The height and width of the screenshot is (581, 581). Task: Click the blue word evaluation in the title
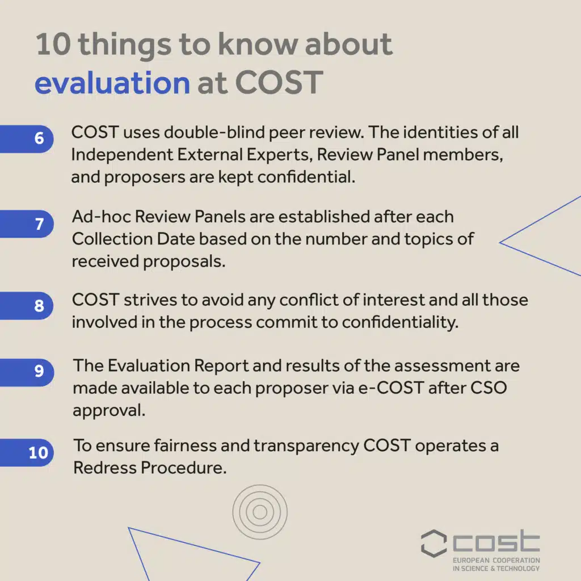[x=112, y=83]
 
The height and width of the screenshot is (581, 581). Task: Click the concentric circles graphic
[x=260, y=512]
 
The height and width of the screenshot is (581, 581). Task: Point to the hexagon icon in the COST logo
[x=434, y=544]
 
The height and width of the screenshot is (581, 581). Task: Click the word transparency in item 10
[x=306, y=446]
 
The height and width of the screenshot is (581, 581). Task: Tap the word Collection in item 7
[x=109, y=239]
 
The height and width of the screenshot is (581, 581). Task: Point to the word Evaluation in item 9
[x=141, y=366]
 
